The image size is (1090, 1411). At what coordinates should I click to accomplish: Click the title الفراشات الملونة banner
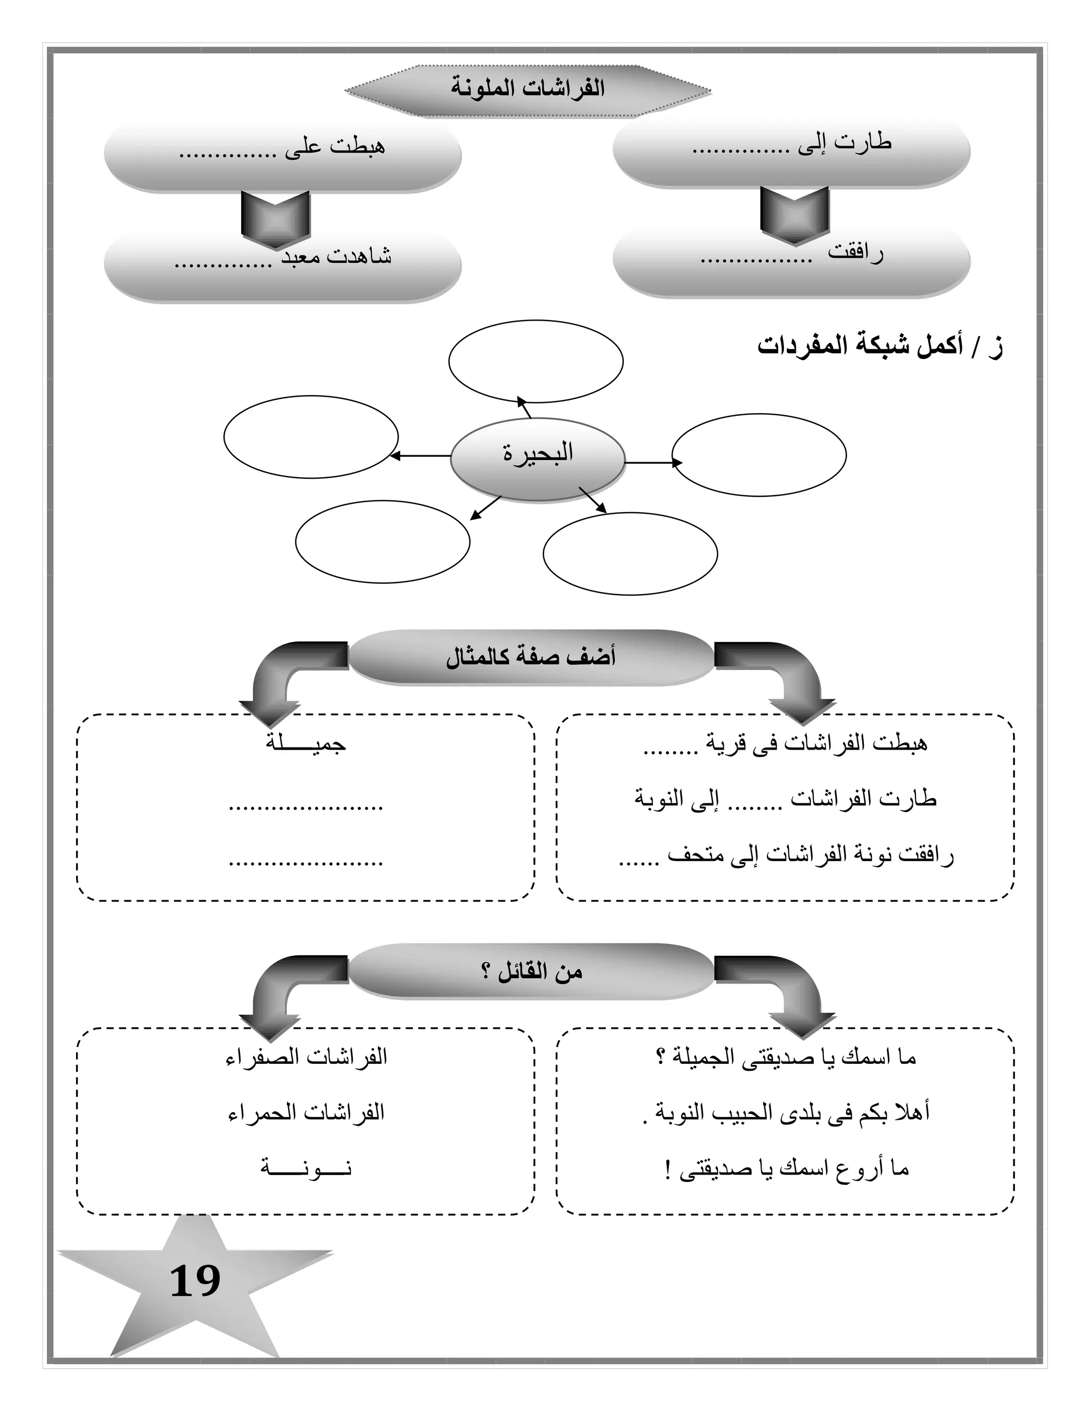527,89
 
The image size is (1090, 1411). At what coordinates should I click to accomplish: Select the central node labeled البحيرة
537,454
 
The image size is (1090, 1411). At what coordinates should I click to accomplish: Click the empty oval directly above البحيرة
535,362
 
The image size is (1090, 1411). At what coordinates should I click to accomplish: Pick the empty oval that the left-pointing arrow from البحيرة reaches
311,437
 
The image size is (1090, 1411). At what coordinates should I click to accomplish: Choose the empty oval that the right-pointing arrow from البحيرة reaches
759,455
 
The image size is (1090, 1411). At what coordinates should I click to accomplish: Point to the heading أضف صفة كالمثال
531,657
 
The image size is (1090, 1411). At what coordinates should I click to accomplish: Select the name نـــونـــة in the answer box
306,1168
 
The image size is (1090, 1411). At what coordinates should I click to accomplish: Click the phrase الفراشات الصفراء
306,1057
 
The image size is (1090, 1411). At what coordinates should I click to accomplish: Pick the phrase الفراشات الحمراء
306,1112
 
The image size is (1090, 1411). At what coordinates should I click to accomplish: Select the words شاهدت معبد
336,257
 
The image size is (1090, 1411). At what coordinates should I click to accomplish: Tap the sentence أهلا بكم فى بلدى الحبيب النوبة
787,1112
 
